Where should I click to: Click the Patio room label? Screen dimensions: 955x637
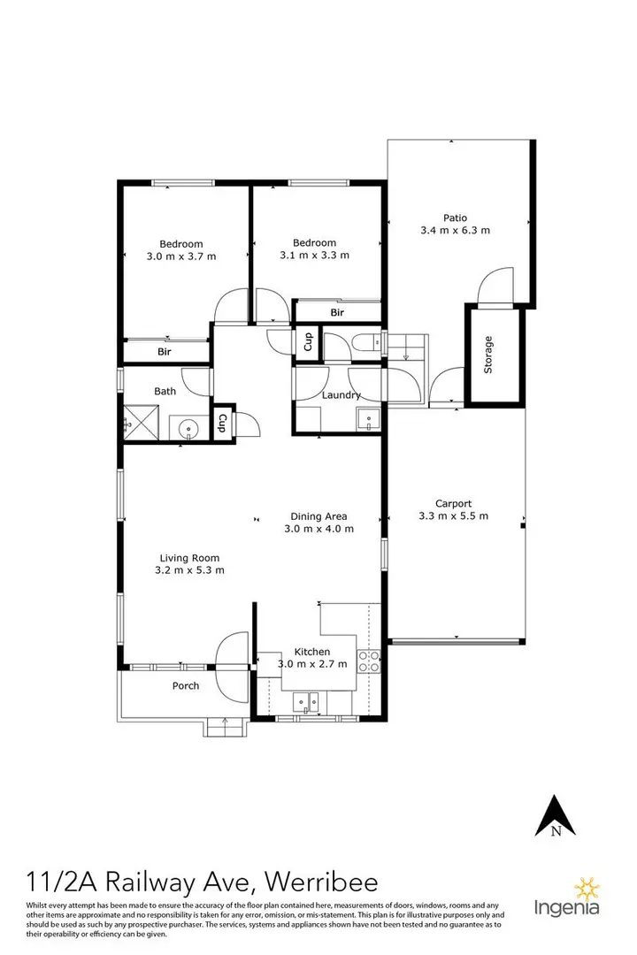[x=456, y=218]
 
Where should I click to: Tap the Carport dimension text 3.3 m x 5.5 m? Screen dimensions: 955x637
[x=453, y=516]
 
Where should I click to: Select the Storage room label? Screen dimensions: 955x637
[x=487, y=355]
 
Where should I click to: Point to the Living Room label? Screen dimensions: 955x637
[x=189, y=558]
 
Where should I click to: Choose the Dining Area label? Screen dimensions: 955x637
[x=318, y=516]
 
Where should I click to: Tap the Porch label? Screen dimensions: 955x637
[x=185, y=685]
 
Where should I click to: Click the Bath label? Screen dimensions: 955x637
[x=165, y=391]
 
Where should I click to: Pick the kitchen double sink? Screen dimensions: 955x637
[x=308, y=702]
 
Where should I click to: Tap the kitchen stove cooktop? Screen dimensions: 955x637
[x=368, y=660]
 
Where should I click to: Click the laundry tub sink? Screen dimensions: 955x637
[x=367, y=419]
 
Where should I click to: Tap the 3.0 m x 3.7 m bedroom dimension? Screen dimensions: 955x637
[x=181, y=256]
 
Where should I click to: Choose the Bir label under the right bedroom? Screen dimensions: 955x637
[x=337, y=313]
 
